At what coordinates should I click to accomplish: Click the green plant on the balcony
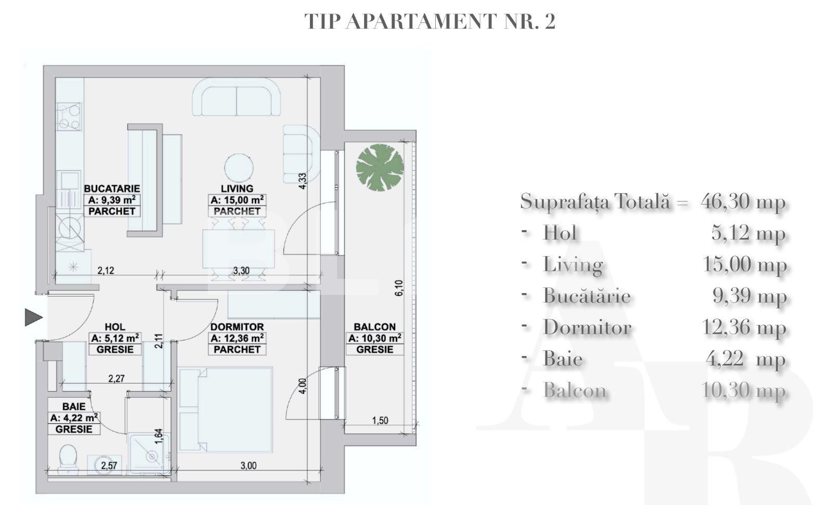point(380,168)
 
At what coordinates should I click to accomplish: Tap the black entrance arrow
point(33,317)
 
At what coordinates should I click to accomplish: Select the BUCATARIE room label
point(112,188)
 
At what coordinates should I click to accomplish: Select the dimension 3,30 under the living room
point(241,271)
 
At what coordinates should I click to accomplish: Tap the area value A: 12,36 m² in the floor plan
point(237,338)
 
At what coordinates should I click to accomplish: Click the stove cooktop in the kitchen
point(69,117)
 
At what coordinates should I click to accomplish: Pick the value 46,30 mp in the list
point(743,201)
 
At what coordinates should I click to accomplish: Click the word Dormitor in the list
point(587,327)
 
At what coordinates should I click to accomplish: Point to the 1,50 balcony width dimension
point(380,421)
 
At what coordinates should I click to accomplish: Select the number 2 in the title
point(550,21)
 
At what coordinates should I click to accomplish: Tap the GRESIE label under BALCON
point(374,349)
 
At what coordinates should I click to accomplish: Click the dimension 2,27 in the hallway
point(116,378)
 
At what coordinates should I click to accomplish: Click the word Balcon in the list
point(575,390)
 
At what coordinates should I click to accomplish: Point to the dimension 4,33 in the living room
point(303,181)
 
